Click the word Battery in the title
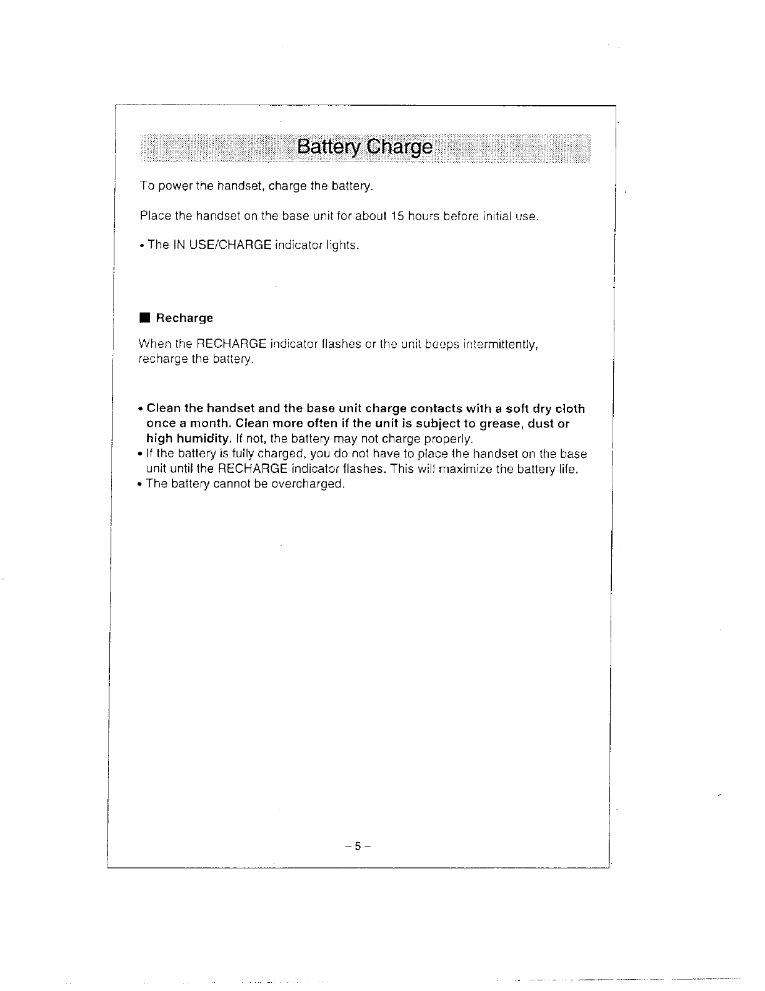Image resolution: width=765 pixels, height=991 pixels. coord(329,147)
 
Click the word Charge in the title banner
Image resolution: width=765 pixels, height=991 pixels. coord(399,148)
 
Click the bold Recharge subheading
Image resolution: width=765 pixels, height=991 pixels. coord(184,318)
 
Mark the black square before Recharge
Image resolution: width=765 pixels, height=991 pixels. coord(144,318)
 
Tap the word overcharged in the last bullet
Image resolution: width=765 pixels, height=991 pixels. coord(307,484)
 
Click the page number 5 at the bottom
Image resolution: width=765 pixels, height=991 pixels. coord(357,846)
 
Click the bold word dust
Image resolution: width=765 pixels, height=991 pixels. coord(539,424)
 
